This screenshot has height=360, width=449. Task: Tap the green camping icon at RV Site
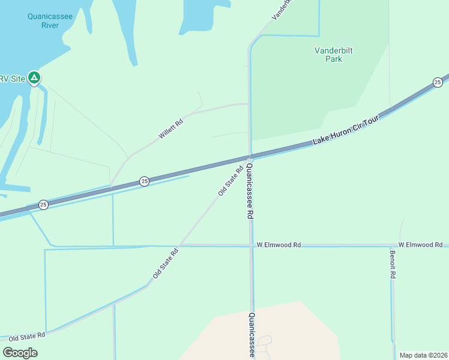point(35,77)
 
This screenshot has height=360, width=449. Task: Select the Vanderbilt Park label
point(333,55)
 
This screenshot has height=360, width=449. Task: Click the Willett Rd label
point(170,129)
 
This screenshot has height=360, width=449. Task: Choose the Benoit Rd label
point(393,265)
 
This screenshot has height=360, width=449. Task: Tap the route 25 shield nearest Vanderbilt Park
point(438,82)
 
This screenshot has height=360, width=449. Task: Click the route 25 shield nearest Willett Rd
point(144,181)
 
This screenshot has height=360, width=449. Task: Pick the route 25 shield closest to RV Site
point(43,205)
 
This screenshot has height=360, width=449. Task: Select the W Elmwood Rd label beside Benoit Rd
point(420,245)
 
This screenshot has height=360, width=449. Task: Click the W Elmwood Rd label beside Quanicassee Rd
point(279,245)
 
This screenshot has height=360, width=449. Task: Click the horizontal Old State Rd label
point(27,337)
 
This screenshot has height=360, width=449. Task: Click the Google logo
point(20,352)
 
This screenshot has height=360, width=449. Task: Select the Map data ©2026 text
point(423,355)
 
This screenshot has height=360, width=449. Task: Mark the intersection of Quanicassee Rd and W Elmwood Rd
point(251,245)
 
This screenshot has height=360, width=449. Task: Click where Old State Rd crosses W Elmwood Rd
point(179,245)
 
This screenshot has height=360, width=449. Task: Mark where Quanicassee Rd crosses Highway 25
point(250,157)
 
